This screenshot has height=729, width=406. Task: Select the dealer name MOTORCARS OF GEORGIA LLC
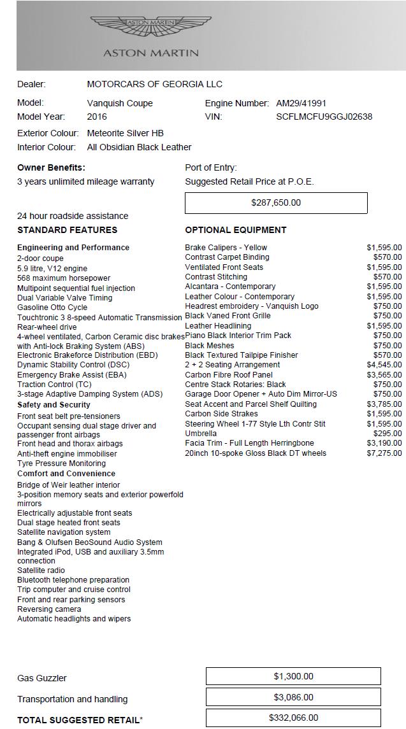point(154,84)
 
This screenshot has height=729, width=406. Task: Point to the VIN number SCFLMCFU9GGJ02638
point(324,117)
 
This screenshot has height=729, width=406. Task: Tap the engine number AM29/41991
point(301,103)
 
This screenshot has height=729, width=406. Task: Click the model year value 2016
point(97,117)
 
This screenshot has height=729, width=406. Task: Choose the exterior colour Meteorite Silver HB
point(125,133)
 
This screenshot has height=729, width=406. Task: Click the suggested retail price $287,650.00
point(276,202)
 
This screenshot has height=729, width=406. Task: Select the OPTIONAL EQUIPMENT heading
point(236,230)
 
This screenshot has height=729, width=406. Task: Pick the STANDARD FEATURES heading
point(67,230)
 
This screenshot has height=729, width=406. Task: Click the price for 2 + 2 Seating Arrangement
point(384,365)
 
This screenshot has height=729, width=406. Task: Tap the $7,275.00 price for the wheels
point(384,453)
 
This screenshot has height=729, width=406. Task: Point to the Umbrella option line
point(201,434)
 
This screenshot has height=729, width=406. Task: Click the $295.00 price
point(388,434)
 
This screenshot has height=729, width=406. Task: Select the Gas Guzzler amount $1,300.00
point(293,676)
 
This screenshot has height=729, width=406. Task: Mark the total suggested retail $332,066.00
point(293,718)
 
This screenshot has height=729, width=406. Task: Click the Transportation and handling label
point(72,699)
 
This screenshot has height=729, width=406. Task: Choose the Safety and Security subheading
point(54,405)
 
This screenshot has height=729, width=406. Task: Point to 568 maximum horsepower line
point(64,278)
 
